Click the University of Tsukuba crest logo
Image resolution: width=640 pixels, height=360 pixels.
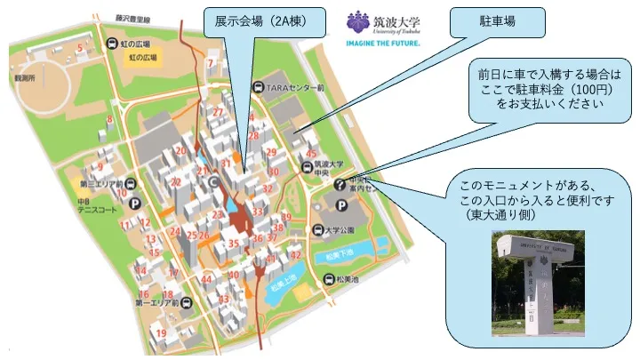pos(357,21)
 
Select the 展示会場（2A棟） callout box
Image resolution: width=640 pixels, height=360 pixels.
pos(258,21)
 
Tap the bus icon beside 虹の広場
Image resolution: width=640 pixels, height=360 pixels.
pos(112,43)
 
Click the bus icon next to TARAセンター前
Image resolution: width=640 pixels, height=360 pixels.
pos(258,88)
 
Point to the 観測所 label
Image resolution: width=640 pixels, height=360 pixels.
pos(12,76)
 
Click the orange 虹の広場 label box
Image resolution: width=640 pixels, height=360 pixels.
pos(142,58)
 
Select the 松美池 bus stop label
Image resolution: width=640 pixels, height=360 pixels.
pos(347,279)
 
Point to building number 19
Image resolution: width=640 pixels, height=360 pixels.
pos(162,333)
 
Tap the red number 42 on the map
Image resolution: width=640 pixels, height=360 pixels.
pos(295,254)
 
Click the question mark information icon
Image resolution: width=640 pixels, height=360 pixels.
pos(340,186)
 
